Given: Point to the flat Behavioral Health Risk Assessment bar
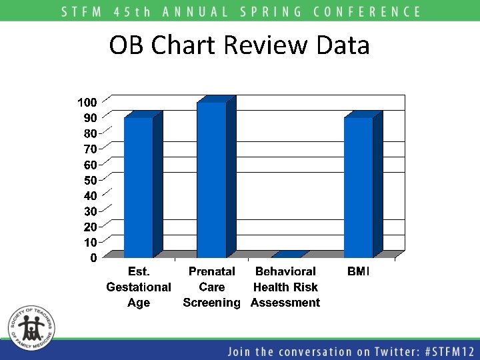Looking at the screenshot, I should coord(288,255).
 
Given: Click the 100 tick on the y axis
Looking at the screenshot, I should coord(87,102).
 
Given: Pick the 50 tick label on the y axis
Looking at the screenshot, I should coord(90,180).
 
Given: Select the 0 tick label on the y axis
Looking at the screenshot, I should coord(94,258).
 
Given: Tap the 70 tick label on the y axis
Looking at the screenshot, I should coord(90,149).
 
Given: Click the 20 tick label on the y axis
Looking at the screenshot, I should coord(90,227).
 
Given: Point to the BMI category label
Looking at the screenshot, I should coord(359,271).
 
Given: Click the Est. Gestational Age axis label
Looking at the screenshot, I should coord(139,287).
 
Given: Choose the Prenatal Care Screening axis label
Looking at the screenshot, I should coord(211,287).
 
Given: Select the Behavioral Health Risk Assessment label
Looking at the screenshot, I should coord(285,287).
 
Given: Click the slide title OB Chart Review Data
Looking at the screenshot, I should coord(239,45).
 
